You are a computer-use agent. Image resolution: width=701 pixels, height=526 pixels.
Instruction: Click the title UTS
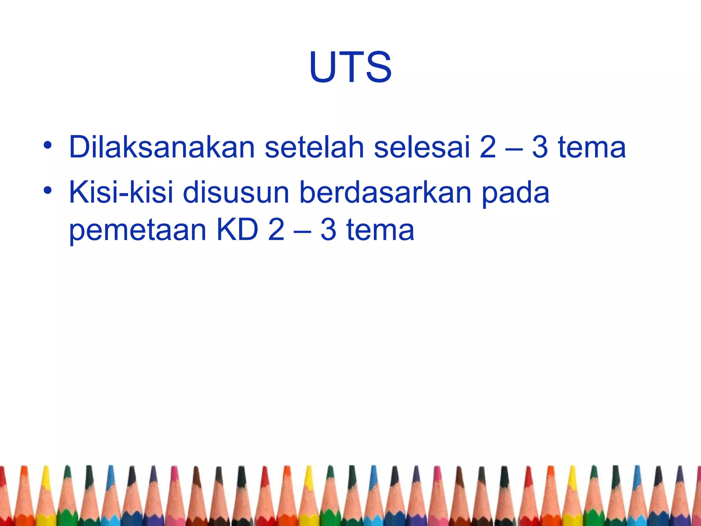350,67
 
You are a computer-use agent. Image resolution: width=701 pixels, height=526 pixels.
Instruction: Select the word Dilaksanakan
162,147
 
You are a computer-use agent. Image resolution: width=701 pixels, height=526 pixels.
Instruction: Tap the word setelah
314,147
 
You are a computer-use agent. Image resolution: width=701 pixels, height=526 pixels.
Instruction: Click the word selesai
422,147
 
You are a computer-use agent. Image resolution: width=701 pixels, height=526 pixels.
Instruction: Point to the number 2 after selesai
488,147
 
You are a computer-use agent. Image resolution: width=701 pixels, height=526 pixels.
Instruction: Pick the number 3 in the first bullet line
540,147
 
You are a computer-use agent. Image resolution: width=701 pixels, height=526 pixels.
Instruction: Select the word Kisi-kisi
121,192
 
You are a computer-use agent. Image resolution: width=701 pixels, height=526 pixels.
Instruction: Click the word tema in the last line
380,230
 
